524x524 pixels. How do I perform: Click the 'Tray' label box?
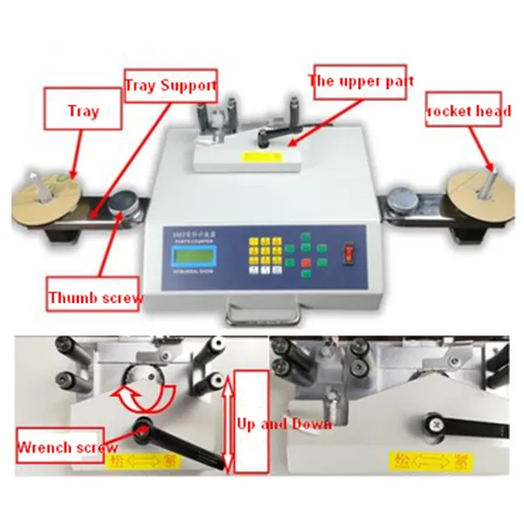click(84, 112)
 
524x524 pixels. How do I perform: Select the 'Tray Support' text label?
click(169, 86)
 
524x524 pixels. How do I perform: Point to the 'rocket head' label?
click(463, 111)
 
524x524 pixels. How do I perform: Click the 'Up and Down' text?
click(285, 424)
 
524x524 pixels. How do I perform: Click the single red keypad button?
click(307, 260)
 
